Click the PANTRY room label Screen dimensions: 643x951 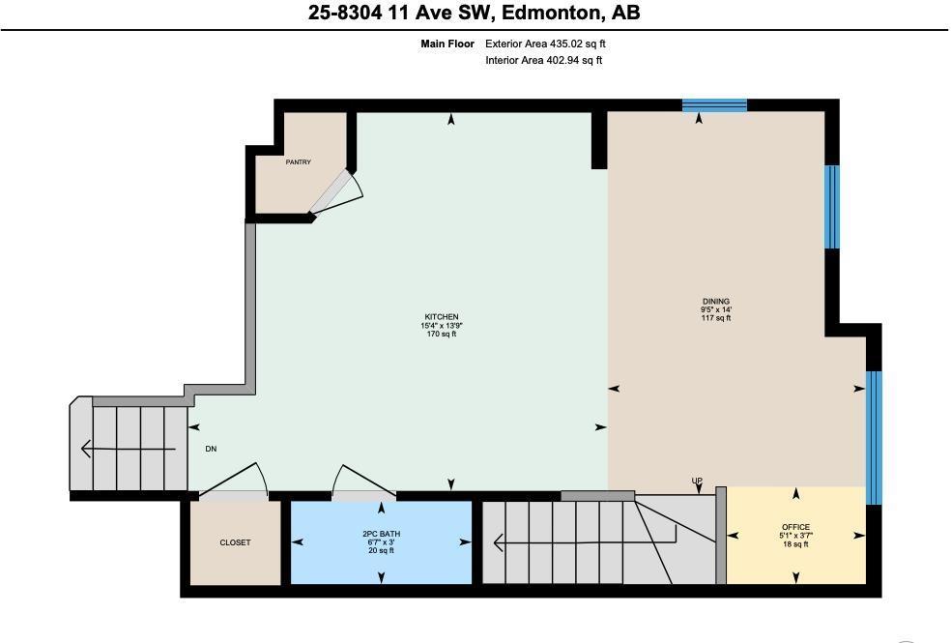coord(298,162)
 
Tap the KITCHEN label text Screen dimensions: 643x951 coord(441,317)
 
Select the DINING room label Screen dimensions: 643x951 coord(716,301)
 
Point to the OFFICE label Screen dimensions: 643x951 coord(795,528)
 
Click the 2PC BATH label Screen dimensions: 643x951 coord(381,534)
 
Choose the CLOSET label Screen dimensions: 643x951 coord(235,542)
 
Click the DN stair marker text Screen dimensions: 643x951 coord(211,449)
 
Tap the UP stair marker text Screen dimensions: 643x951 coord(696,481)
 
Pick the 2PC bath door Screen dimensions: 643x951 coord(355,483)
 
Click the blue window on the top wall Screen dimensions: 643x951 coord(714,105)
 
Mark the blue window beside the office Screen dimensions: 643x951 coord(874,437)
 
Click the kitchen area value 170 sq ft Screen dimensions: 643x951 coord(441,335)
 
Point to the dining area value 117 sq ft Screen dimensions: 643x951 coord(716,318)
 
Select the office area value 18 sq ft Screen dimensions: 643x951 coord(795,544)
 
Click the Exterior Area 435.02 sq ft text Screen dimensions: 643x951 coord(545,44)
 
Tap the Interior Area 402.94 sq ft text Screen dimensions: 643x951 coord(543,61)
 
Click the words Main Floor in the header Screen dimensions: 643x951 coord(447,44)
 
